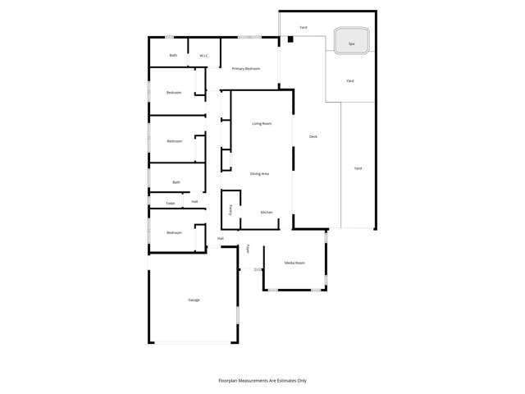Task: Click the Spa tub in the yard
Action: click(352, 42)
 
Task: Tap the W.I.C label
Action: click(203, 56)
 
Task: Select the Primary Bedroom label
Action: click(246, 68)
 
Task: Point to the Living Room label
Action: click(262, 123)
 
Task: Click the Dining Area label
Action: click(260, 174)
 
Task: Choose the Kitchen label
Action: click(267, 213)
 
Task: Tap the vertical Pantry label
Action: click(231, 210)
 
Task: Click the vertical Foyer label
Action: click(248, 249)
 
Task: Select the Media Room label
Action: click(294, 263)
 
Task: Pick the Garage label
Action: click(194, 300)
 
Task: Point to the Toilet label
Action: click(171, 204)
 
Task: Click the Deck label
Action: click(313, 136)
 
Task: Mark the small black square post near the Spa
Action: click(290, 39)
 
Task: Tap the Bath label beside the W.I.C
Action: click(173, 55)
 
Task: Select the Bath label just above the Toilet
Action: click(176, 182)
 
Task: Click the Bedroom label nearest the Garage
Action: click(174, 232)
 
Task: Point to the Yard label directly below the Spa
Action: click(350, 80)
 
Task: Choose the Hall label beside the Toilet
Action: click(194, 201)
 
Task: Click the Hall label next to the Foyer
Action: click(221, 239)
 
